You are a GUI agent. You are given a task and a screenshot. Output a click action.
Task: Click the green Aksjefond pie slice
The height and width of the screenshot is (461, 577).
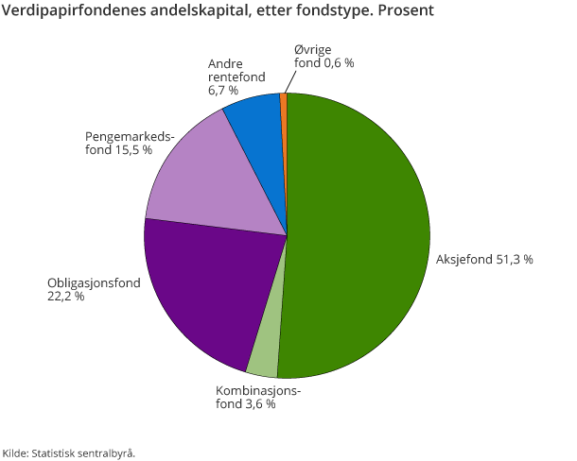pos(359,236)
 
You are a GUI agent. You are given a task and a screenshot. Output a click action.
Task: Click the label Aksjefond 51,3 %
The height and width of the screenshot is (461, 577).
pos(483,259)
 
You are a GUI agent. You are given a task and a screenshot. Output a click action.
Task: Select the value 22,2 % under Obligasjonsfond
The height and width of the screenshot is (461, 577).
pos(65,297)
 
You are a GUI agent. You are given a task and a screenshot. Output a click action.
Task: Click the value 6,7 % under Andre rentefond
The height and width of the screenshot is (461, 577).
pos(222,91)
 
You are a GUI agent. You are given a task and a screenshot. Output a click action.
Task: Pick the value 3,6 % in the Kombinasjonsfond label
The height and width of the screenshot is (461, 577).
pos(257,403)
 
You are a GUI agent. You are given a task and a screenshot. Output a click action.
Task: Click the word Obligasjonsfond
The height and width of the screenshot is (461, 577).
pos(94,282)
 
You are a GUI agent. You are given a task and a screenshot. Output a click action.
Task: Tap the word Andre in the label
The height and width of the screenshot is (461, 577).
pos(225,63)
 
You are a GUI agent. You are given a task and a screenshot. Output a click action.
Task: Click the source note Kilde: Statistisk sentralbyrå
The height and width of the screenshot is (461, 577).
pos(69,452)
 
